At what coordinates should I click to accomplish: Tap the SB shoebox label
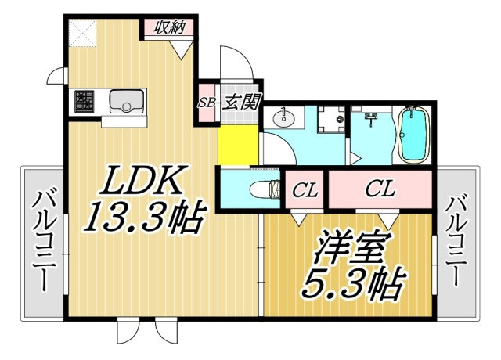tap(207, 103)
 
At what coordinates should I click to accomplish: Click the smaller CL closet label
tap(305, 190)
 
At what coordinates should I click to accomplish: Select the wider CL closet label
tap(380, 189)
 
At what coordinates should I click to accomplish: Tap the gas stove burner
tap(85, 101)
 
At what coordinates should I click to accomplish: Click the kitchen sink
tap(127, 101)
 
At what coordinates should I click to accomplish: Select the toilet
tap(265, 189)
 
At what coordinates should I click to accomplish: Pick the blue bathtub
tap(413, 135)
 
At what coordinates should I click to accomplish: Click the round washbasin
tap(283, 118)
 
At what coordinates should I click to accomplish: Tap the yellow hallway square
tap(238, 145)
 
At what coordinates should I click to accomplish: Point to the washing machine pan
tap(331, 119)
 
